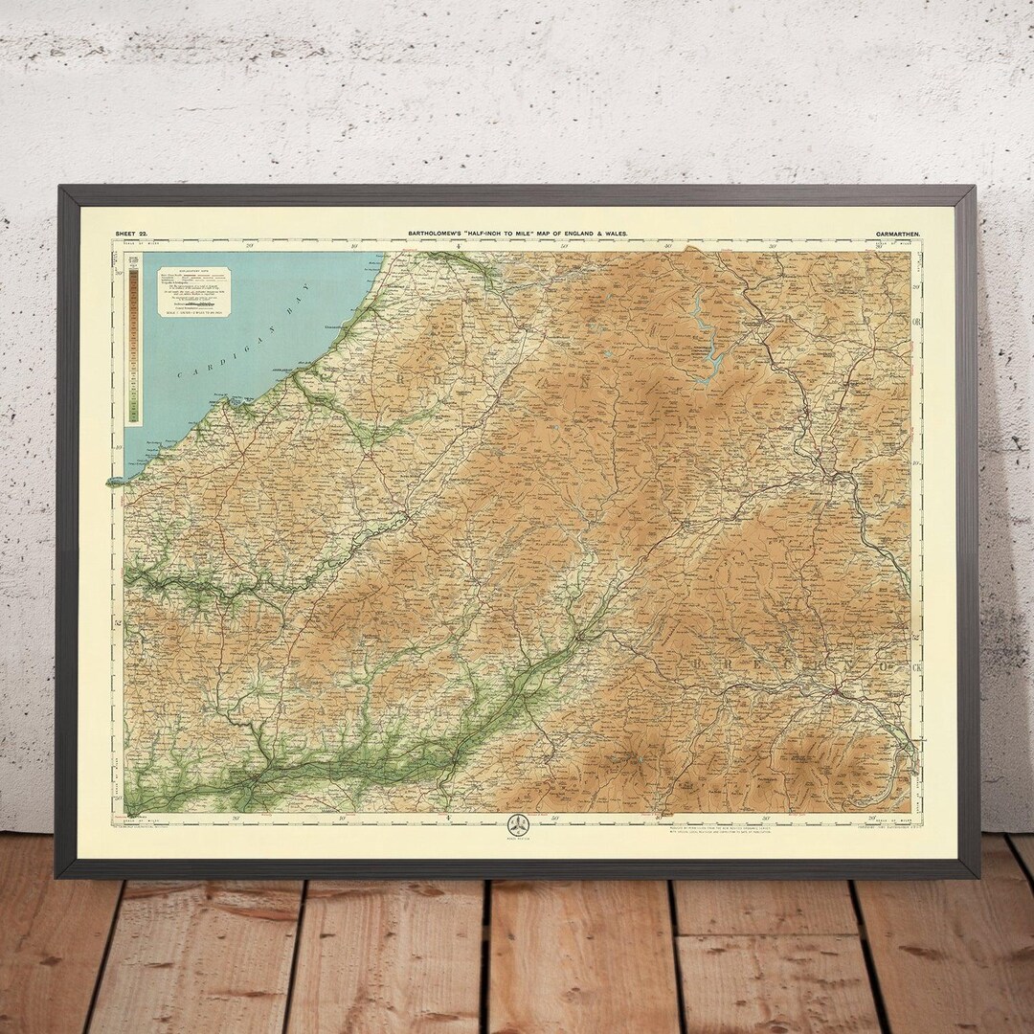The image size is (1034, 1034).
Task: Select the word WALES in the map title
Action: [615, 233]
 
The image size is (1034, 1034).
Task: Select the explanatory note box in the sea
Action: [192, 289]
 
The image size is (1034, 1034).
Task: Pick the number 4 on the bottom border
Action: [447, 817]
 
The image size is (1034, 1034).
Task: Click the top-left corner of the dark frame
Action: [59, 188]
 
